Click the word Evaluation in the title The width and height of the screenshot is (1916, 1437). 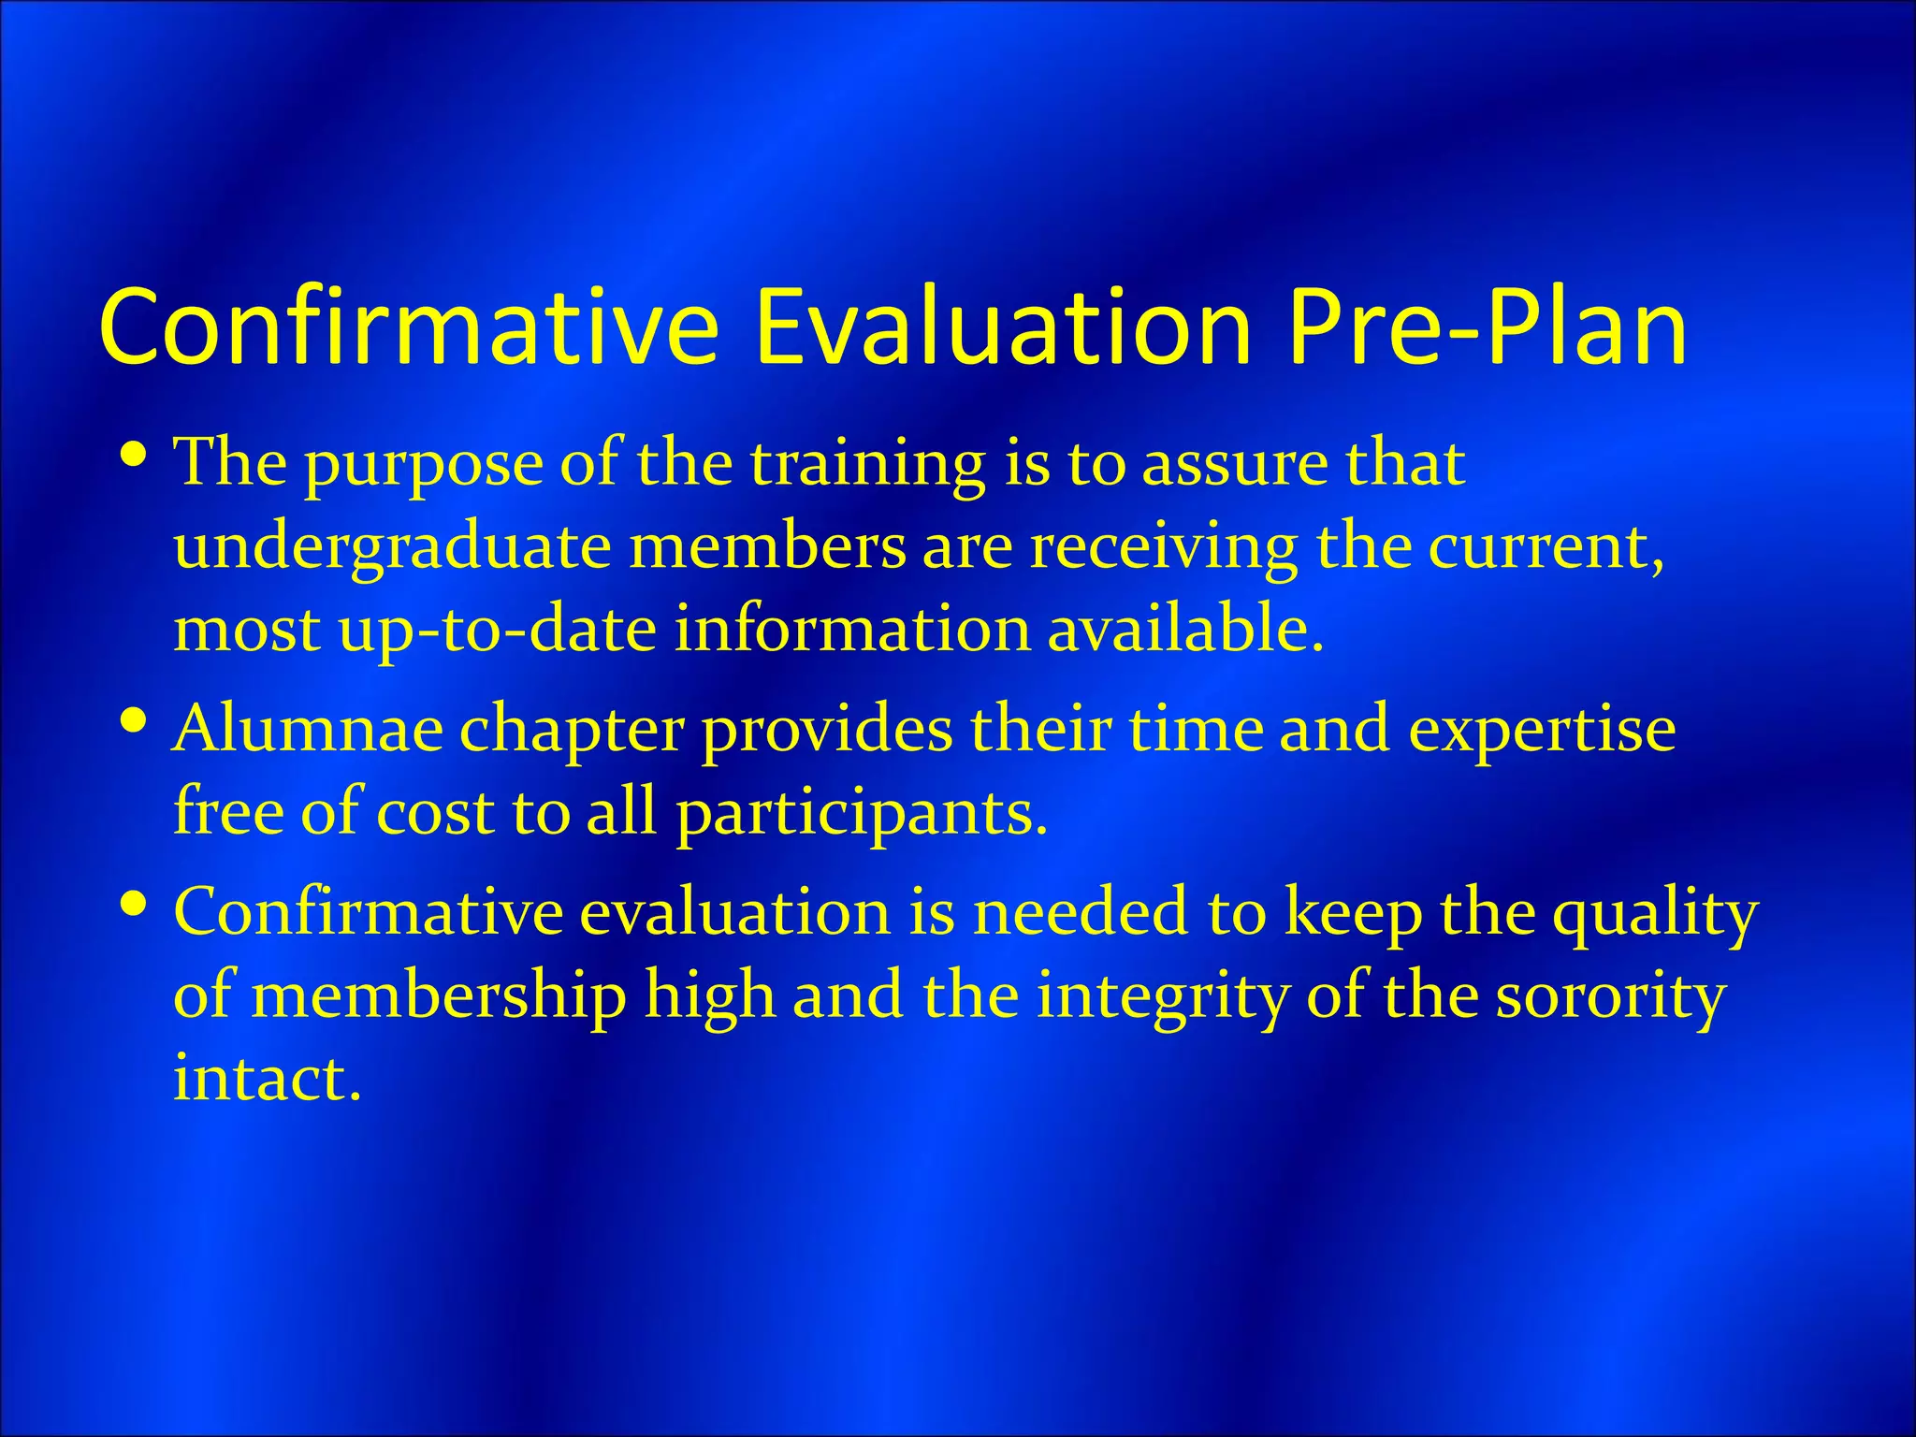coord(1003,327)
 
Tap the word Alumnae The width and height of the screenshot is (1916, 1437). coord(308,730)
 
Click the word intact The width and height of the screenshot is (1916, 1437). coord(267,1078)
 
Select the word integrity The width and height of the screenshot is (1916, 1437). coord(1161,997)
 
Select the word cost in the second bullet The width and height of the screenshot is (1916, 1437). coord(435,813)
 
